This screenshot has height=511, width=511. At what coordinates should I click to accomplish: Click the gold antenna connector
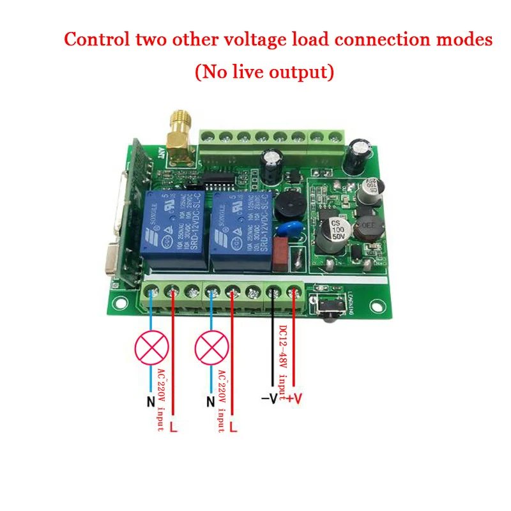179,133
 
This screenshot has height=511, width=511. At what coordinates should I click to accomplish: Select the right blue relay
237,229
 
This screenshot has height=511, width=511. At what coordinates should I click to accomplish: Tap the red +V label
293,400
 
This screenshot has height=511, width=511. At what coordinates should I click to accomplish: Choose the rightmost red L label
233,425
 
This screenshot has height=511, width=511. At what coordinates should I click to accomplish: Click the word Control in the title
98,40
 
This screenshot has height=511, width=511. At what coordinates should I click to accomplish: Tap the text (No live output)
264,72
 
